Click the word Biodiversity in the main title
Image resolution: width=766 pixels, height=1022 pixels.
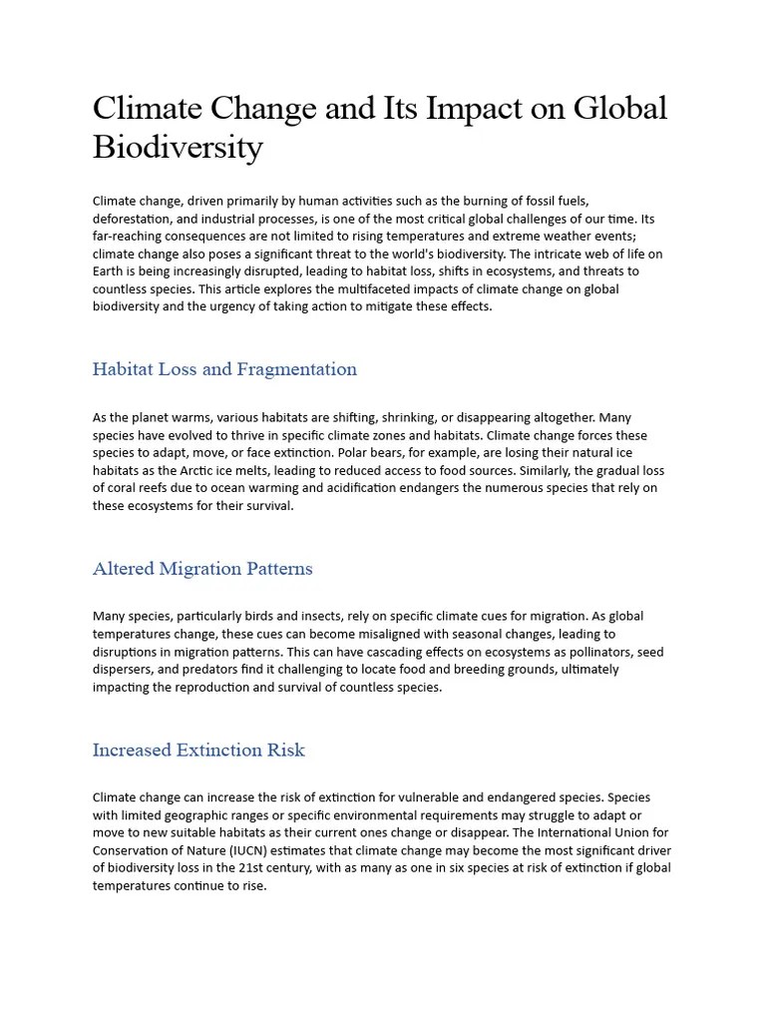tap(178, 148)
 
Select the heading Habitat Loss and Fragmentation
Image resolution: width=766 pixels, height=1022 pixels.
tap(224, 369)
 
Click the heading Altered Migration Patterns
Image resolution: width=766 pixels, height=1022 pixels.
tap(202, 569)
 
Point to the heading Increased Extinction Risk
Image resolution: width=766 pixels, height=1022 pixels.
tap(198, 750)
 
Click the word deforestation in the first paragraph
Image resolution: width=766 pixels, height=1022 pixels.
tap(133, 219)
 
